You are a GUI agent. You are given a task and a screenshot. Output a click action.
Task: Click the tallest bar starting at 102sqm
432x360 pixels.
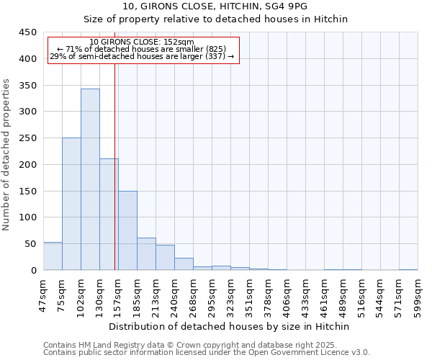point(90,179)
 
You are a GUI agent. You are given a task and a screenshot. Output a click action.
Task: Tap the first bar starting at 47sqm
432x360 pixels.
point(53,256)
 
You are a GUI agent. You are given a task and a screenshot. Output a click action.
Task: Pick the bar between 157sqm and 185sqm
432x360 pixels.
point(127,230)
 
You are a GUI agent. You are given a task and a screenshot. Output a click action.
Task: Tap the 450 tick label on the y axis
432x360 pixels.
point(27,32)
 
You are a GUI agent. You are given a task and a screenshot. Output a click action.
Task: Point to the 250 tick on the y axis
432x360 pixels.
point(27,138)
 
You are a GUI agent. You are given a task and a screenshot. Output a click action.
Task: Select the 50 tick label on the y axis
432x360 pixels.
point(30,244)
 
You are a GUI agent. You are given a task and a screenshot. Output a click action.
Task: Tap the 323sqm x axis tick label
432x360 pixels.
point(231,293)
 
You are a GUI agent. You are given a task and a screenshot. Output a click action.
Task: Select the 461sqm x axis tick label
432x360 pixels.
point(325,293)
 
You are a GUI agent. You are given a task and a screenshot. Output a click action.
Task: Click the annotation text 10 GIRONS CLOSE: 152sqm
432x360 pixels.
point(142,42)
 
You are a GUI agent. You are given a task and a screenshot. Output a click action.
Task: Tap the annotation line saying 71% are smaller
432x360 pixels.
point(142,49)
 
